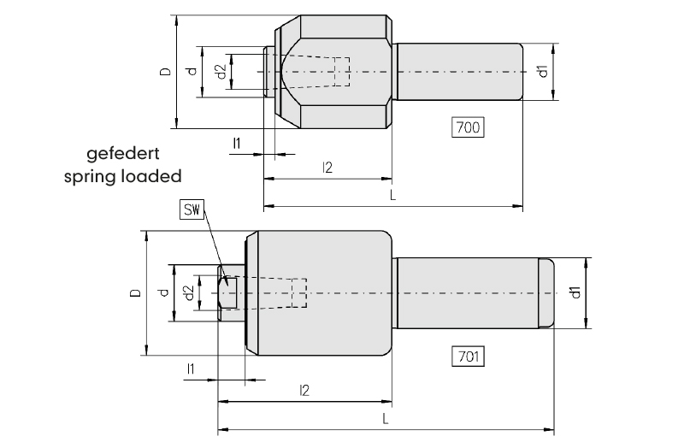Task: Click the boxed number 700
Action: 468,127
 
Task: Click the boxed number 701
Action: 468,357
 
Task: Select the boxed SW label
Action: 192,209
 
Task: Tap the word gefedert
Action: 122,154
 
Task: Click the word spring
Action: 90,177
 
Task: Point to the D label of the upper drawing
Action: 166,72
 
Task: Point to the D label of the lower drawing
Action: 136,292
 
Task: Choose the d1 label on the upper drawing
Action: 542,71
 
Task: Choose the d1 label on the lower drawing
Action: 575,292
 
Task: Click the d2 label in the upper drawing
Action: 221,72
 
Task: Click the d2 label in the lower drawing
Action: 189,292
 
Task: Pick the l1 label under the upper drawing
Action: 237,143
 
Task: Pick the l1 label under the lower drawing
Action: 190,369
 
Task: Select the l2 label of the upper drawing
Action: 327,168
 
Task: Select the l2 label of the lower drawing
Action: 304,390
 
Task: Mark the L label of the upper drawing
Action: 392,195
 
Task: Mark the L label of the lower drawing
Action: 386,419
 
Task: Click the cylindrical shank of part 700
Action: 460,72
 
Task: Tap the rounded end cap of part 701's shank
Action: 546,292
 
